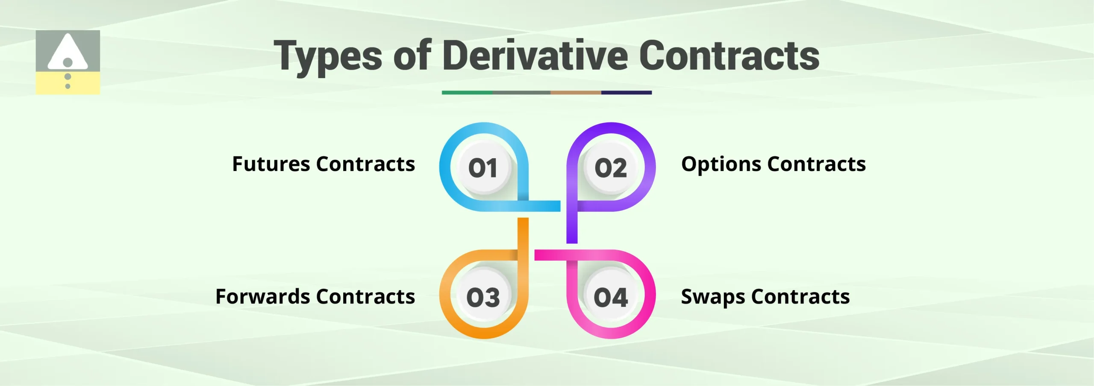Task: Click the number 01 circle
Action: coord(483,168)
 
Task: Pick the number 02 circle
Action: coord(611,168)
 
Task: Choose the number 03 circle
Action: coord(483,297)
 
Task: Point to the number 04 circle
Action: coord(611,297)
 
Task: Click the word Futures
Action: coord(271,164)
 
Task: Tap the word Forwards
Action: coord(262,297)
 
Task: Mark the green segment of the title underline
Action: coord(467,92)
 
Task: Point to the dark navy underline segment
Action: coord(626,92)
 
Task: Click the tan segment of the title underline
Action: coord(576,92)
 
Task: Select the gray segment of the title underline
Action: coord(521,92)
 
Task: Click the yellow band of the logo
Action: coord(68,83)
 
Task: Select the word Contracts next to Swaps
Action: coord(800,297)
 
